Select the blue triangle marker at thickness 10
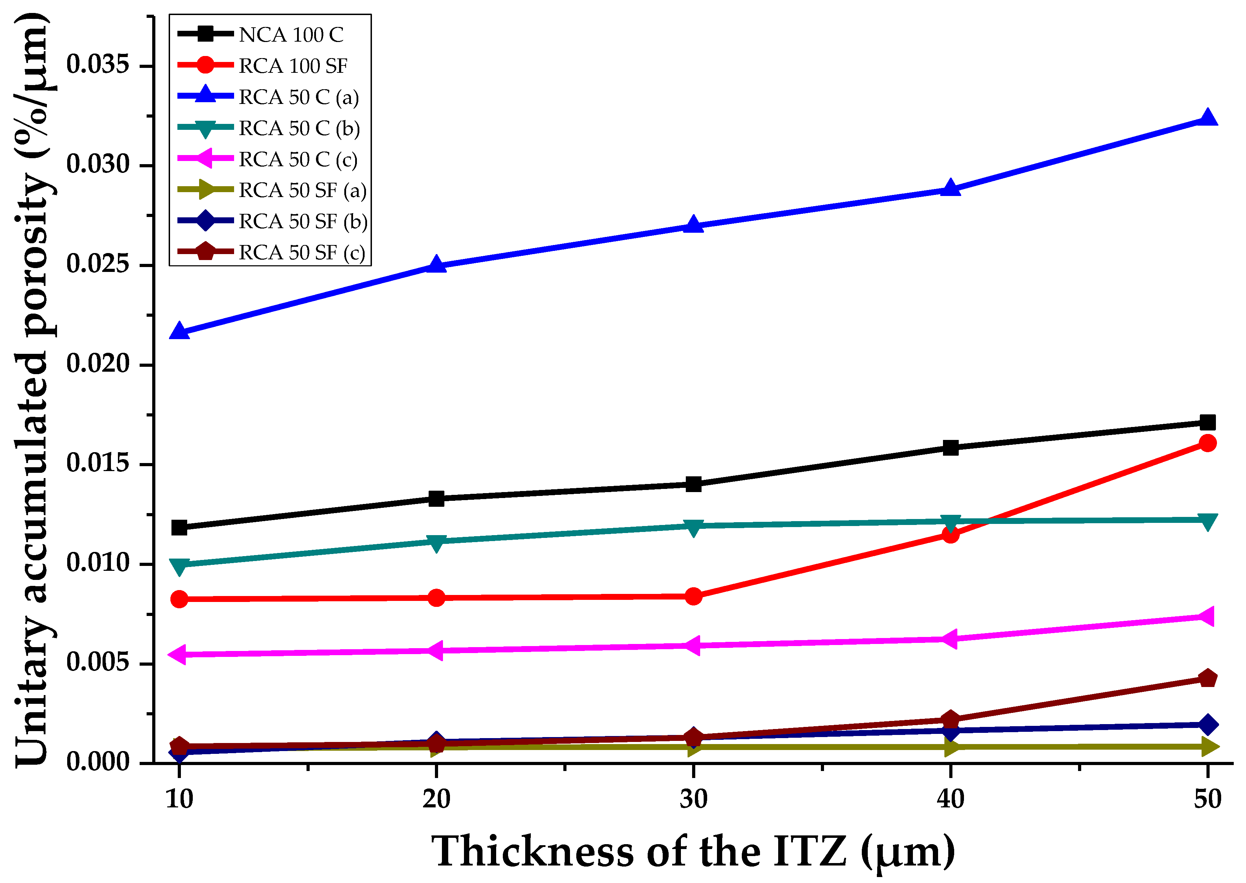click(179, 332)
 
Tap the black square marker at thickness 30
click(693, 484)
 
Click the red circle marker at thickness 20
click(436, 597)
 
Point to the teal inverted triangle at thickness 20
click(436, 542)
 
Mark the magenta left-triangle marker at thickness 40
click(949, 639)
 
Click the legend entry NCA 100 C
click(291, 35)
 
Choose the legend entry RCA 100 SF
click(293, 66)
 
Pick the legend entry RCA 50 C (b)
click(299, 128)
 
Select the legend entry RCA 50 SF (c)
click(302, 253)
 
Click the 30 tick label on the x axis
click(693, 800)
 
